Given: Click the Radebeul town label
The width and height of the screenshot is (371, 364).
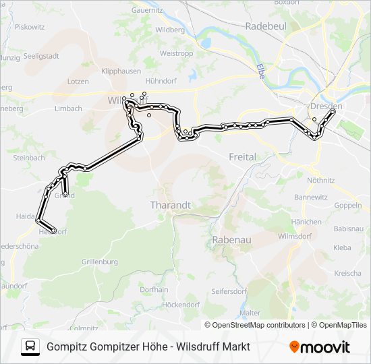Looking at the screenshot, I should click(266, 26).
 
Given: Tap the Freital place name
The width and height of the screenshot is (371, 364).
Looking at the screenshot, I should click(242, 157).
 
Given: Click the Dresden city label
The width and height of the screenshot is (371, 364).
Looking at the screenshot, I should click(326, 107).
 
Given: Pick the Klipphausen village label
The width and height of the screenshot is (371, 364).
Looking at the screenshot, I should click(121, 70).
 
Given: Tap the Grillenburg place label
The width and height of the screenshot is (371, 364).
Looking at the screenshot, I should click(100, 262).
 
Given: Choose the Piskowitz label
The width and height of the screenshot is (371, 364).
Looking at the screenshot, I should click(30, 27).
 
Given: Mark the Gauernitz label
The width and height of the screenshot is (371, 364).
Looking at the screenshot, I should click(147, 11).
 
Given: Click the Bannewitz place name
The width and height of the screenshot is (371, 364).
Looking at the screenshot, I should click(311, 198).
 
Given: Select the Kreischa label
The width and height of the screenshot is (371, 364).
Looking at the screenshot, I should click(347, 273).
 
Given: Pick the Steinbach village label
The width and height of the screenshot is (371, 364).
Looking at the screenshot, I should click(28, 158).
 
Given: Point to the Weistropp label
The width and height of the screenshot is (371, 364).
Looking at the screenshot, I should click(177, 53).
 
